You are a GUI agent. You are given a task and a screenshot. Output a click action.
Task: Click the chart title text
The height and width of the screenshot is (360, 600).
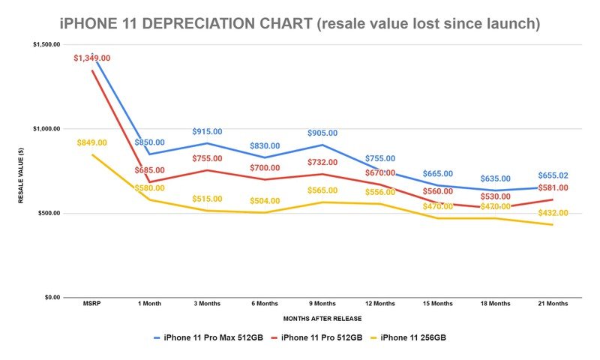[299, 23]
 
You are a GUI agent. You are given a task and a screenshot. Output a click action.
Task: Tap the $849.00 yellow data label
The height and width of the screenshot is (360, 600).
[91, 142]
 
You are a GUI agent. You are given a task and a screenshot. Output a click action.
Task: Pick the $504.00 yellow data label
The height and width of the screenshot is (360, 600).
[265, 201]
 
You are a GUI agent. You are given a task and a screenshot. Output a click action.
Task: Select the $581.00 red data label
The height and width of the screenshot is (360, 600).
[553, 187]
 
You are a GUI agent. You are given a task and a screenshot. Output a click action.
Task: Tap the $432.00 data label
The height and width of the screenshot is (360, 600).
[553, 213]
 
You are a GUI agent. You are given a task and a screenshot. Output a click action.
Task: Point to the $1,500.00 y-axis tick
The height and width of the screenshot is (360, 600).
[46, 45]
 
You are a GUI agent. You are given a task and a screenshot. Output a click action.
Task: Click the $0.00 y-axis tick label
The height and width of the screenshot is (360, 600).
[51, 298]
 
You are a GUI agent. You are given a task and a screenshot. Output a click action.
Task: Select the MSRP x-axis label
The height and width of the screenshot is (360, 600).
[91, 304]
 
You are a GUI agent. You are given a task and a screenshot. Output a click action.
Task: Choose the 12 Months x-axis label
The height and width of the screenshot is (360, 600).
[380, 304]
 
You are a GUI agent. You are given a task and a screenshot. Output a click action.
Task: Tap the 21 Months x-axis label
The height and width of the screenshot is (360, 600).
[553, 304]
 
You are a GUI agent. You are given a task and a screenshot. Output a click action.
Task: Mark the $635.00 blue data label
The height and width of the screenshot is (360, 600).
[496, 179]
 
